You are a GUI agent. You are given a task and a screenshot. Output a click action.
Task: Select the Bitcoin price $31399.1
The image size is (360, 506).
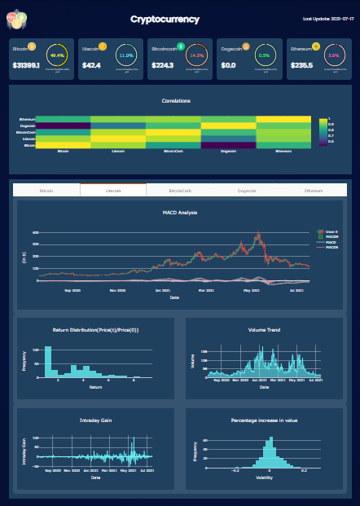[27, 65]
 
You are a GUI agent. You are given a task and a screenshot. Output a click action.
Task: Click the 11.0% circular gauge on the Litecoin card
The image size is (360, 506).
[126, 56]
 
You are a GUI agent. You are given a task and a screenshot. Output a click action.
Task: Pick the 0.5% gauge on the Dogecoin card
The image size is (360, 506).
[264, 56]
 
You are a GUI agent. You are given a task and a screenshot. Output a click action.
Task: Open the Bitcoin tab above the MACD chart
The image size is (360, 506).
[46, 190]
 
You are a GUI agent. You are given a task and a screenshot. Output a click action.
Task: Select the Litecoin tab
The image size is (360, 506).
[113, 190]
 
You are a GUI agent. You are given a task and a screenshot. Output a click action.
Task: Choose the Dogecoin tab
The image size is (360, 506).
[246, 190]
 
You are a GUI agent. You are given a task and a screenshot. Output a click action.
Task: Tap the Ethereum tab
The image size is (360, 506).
[313, 190]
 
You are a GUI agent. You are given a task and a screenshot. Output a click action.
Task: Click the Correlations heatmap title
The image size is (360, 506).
[176, 101]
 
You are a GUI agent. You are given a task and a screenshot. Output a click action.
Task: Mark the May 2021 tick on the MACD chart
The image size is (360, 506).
[250, 288]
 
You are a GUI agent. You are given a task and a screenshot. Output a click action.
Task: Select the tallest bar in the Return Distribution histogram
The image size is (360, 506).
[47, 359]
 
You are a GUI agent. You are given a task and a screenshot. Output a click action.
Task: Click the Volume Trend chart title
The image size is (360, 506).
[264, 330]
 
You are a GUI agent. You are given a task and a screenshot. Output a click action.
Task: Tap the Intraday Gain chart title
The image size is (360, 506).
[95, 420]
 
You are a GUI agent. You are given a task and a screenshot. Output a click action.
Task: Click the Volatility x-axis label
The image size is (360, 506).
[264, 477]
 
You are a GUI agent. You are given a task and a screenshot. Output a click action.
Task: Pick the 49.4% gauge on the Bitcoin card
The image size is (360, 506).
[58, 56]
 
